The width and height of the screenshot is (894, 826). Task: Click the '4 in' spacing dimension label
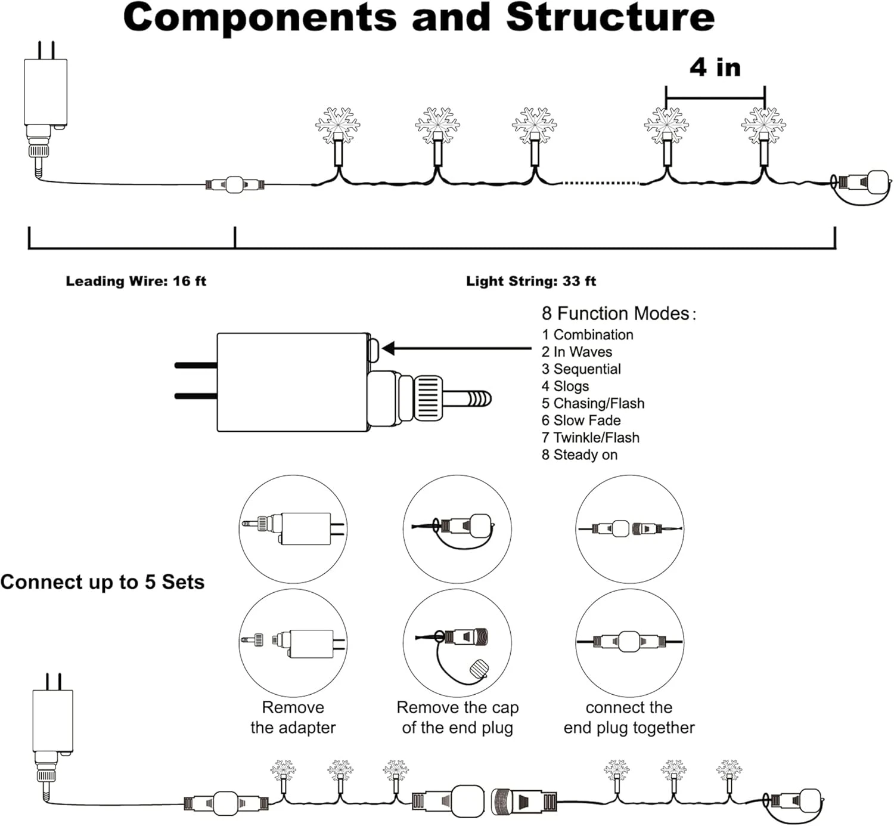tap(715, 67)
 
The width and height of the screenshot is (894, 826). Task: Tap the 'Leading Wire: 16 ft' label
tap(136, 281)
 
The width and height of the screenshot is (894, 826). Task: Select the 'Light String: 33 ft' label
tap(530, 281)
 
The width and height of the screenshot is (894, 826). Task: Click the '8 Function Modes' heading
tap(618, 314)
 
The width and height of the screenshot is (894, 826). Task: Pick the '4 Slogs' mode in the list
tap(565, 386)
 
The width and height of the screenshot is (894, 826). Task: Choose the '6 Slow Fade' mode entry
tap(581, 420)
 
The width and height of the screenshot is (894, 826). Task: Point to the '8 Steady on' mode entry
tap(579, 455)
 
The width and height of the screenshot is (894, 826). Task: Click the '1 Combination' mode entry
tap(587, 335)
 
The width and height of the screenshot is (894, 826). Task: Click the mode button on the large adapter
tap(374, 349)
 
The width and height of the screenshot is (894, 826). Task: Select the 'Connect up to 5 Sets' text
tap(103, 582)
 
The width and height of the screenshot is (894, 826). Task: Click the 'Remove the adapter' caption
tap(293, 717)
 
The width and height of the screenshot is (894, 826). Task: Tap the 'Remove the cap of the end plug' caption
tap(457, 717)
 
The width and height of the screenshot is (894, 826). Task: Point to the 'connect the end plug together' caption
tap(629, 717)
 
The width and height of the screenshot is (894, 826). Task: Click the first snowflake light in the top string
tap(337, 125)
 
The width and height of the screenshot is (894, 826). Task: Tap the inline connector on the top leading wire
tap(235, 185)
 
